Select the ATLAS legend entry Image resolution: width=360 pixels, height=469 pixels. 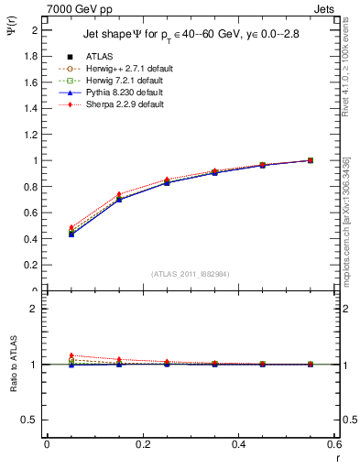tap(99, 57)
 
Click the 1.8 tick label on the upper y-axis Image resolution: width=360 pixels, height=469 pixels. tap(32, 56)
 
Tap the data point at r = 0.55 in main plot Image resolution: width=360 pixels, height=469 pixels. tap(311, 160)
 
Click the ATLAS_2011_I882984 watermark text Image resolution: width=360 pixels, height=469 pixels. tap(191, 272)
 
